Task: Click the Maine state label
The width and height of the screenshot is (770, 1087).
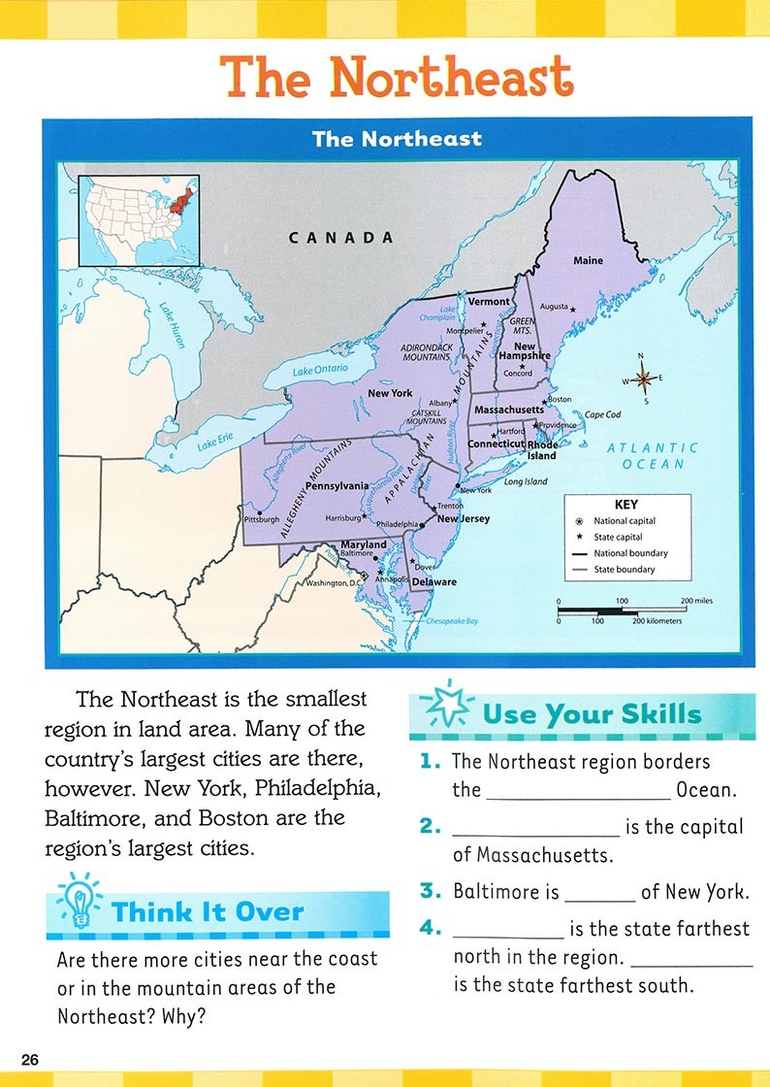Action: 588,260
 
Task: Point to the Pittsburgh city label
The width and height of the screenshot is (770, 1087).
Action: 262,519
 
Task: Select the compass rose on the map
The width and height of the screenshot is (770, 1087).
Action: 640,379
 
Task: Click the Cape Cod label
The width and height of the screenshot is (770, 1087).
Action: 602,414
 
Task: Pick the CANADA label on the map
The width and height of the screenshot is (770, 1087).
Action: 341,238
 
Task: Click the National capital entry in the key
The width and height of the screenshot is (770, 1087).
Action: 624,521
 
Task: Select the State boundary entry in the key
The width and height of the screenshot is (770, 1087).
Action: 624,570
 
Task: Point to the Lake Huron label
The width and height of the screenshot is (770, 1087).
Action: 171,325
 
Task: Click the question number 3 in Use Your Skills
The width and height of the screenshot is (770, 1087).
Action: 431,890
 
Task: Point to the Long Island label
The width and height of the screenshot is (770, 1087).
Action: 526,481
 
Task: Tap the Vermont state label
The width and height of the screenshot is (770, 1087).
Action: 489,301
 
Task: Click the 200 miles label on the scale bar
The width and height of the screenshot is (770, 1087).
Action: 695,601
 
